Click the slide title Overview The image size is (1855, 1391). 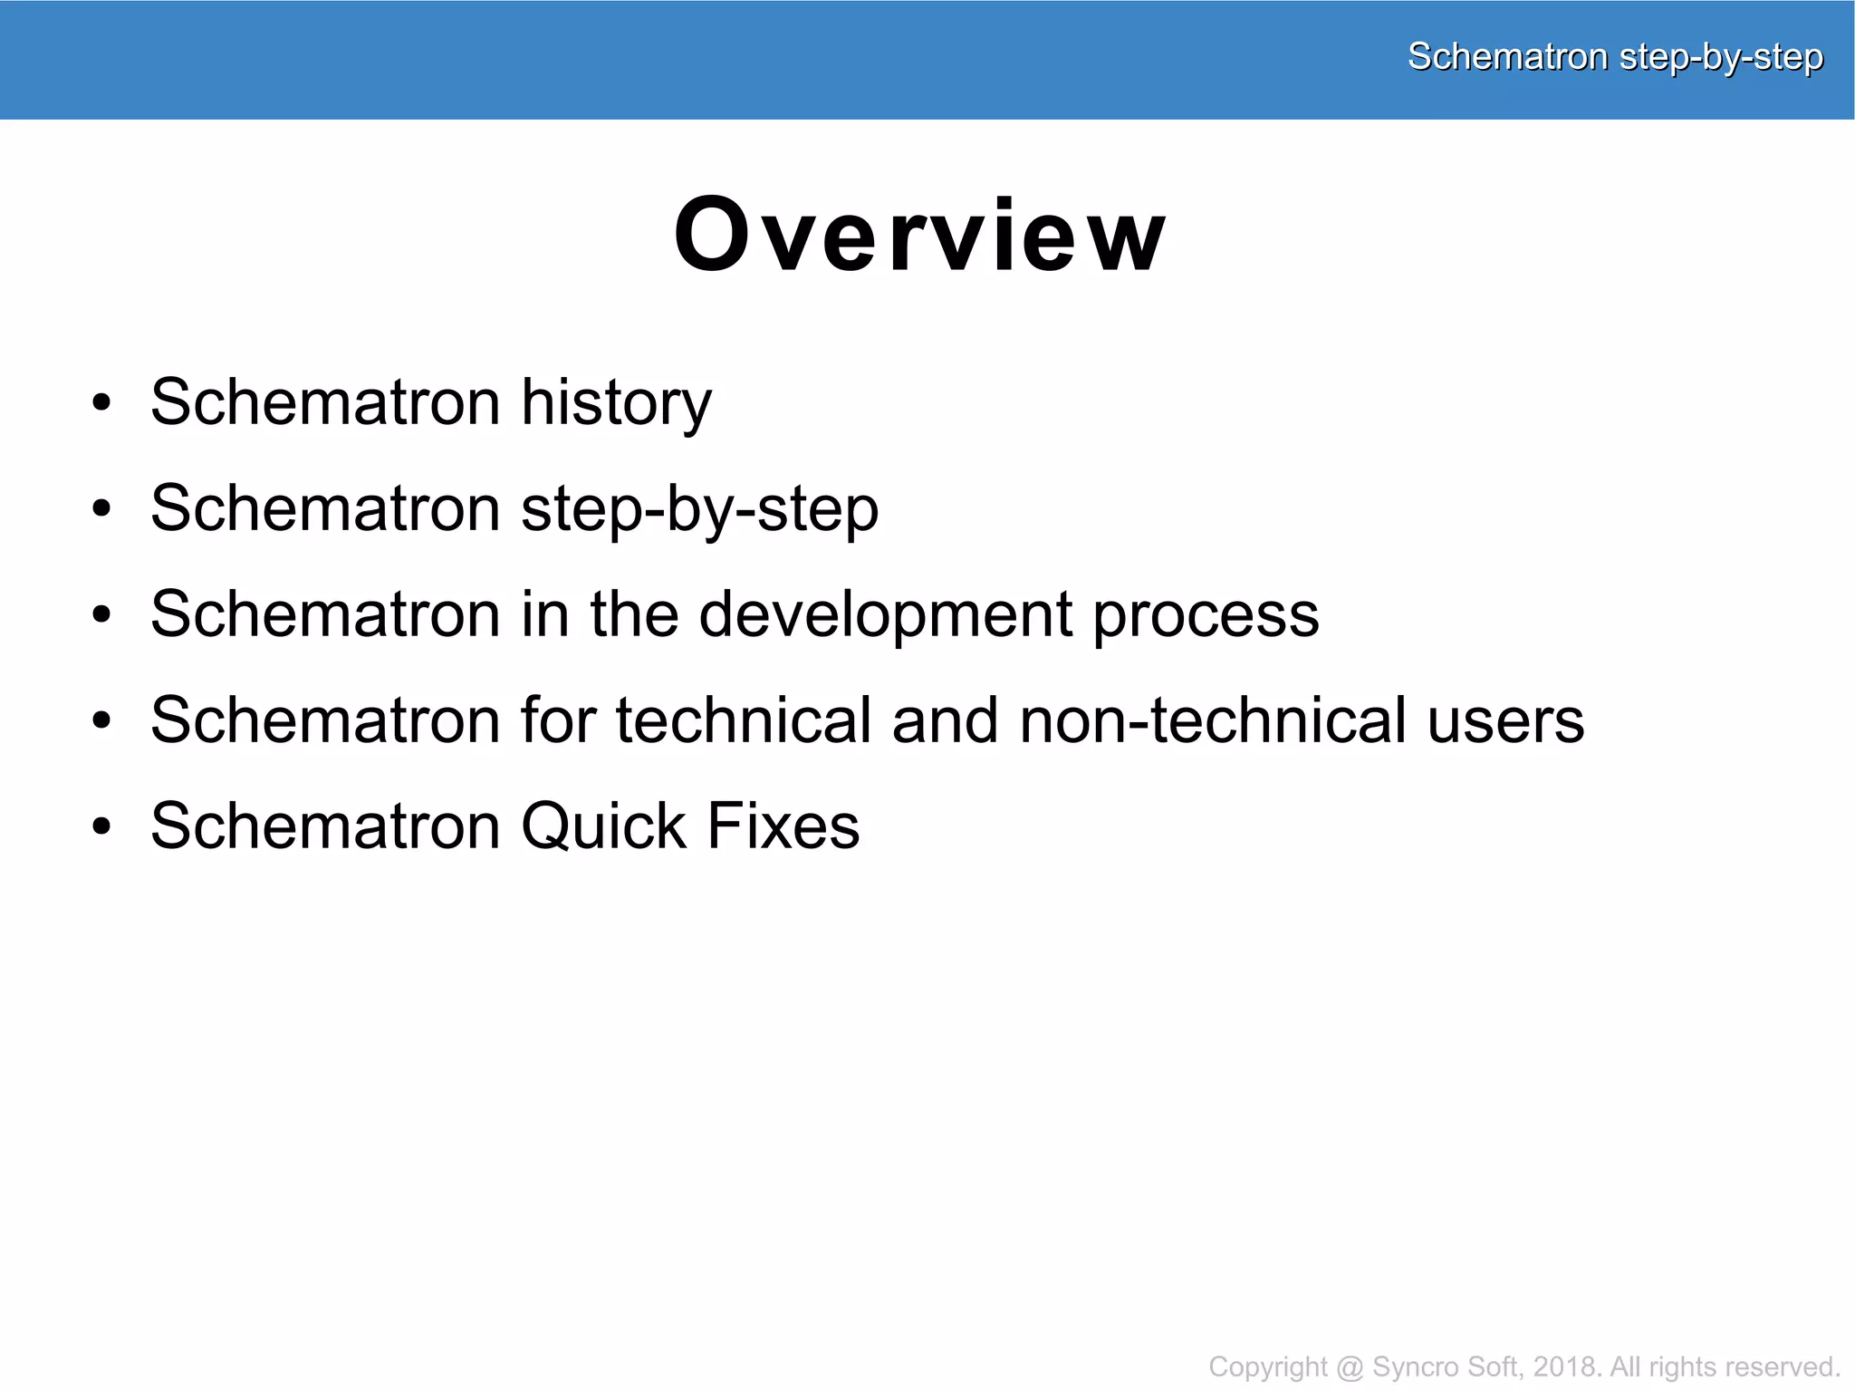920,235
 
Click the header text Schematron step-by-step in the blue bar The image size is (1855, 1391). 1614,57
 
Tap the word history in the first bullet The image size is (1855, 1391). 616,403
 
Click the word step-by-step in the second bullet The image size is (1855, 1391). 699,509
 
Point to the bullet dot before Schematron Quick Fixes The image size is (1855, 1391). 102,827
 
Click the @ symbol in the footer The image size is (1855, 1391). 1350,1367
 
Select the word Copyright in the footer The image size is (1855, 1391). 1267,1367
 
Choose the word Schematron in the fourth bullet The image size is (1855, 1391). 325,721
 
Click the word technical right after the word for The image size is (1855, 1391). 743,721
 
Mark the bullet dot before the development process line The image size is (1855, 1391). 102,615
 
